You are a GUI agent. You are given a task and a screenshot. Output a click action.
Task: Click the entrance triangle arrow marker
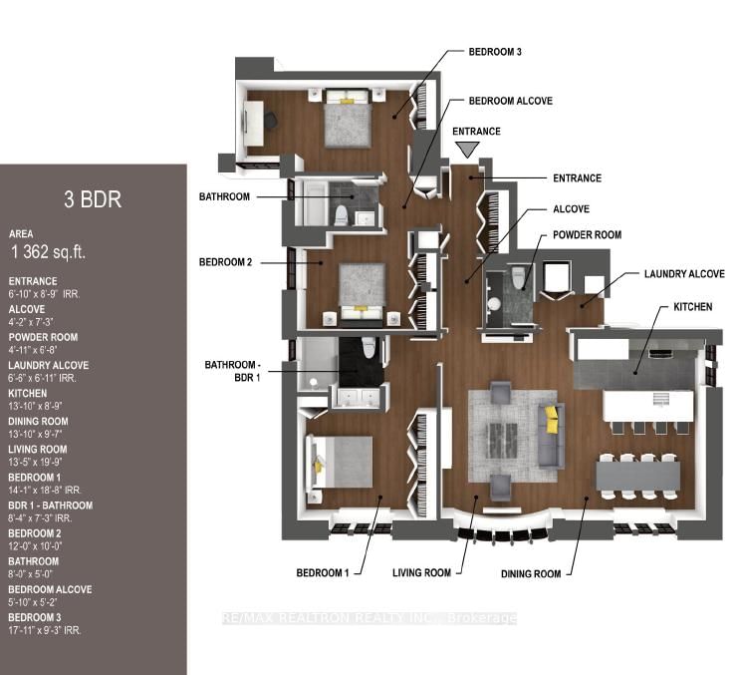pyautogui.click(x=467, y=150)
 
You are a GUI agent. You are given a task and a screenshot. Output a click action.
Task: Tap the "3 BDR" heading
pyautogui.click(x=93, y=199)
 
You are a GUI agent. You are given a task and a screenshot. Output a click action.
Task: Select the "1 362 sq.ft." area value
pyautogui.click(x=49, y=252)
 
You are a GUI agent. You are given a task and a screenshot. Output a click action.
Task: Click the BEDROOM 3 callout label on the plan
pyautogui.click(x=495, y=52)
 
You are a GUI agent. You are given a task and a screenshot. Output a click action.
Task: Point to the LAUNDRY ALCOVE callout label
pyautogui.click(x=684, y=273)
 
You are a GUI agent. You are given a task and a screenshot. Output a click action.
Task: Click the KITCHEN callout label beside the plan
pyautogui.click(x=693, y=307)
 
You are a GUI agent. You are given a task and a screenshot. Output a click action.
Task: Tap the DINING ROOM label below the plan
pyautogui.click(x=531, y=573)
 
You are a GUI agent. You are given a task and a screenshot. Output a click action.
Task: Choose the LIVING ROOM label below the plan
pyautogui.click(x=421, y=572)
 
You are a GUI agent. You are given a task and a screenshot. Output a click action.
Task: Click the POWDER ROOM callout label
pyautogui.click(x=587, y=234)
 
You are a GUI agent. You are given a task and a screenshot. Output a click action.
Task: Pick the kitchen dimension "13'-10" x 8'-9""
pyautogui.click(x=35, y=406)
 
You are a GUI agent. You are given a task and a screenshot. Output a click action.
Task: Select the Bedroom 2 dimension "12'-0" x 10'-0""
pyautogui.click(x=35, y=546)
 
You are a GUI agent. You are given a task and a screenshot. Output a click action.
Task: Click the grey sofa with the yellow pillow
pyautogui.click(x=552, y=435)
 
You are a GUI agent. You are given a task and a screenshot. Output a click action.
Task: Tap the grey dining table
pyautogui.click(x=638, y=477)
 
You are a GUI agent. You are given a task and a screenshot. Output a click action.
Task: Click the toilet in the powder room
pyautogui.click(x=518, y=278)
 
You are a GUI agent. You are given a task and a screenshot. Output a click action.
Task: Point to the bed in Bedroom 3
pyautogui.click(x=348, y=119)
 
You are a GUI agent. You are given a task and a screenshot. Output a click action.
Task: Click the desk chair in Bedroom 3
pyautogui.click(x=270, y=120)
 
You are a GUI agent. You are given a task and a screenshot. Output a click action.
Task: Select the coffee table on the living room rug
pyautogui.click(x=503, y=441)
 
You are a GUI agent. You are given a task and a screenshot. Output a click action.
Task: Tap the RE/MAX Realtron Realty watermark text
pyautogui.click(x=369, y=618)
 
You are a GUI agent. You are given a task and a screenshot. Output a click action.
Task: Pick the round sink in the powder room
pyautogui.click(x=494, y=304)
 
